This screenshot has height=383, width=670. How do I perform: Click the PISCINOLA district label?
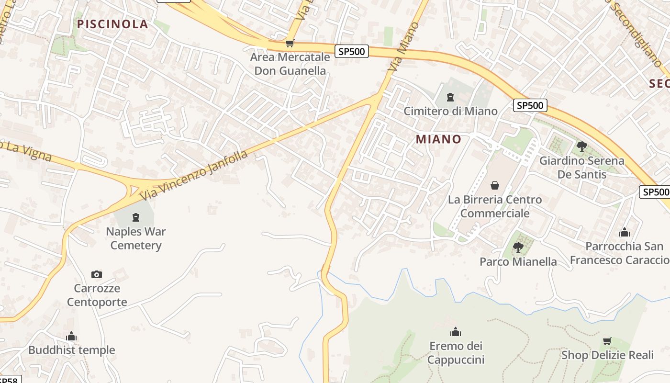pyautogui.click(x=112, y=24)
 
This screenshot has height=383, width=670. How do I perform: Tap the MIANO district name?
pyautogui.click(x=438, y=139)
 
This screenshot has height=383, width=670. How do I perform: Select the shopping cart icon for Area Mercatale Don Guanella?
pyautogui.click(x=289, y=44)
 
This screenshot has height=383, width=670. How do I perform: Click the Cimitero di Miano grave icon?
pyautogui.click(x=450, y=98)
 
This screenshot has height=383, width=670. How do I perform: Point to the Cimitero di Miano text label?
pyautogui.click(x=450, y=111)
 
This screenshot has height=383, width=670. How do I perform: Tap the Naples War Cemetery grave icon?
pyautogui.click(x=136, y=218)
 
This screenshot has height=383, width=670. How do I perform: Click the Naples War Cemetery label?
pyautogui.click(x=136, y=238)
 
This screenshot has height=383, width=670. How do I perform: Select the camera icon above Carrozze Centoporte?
pyautogui.click(x=97, y=274)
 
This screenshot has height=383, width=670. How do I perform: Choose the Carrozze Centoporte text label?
pyautogui.click(x=97, y=295)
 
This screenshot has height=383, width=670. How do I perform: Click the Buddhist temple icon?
pyautogui.click(x=72, y=336)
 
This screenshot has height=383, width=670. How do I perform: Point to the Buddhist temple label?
pyautogui.click(x=72, y=350)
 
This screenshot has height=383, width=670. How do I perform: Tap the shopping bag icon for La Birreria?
pyautogui.click(x=495, y=185)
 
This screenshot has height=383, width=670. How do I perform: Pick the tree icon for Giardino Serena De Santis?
pyautogui.click(x=582, y=146)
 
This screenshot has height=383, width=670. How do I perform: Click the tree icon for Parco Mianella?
pyautogui.click(x=518, y=248)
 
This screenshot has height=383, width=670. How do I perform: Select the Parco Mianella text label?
pyautogui.click(x=518, y=262)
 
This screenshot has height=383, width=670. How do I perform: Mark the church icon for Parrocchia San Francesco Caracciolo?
pyautogui.click(x=625, y=233)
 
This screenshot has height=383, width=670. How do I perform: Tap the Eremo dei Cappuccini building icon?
pyautogui.click(x=456, y=332)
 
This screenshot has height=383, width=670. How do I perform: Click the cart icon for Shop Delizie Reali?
pyautogui.click(x=607, y=341)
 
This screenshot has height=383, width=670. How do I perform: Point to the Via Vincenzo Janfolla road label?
pyautogui.click(x=194, y=175)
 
